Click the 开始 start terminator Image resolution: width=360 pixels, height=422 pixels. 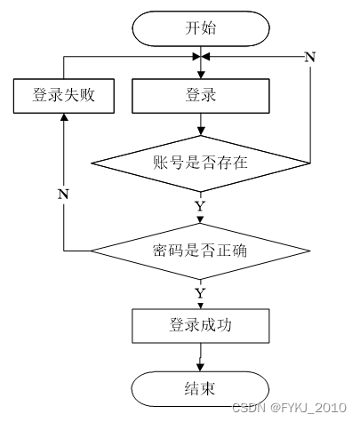click(201, 28)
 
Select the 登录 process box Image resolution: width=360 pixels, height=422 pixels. click(201, 96)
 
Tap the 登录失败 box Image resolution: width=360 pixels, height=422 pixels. click(64, 96)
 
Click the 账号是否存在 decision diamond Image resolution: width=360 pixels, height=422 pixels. click(201, 163)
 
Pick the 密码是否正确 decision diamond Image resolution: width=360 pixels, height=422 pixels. click(201, 251)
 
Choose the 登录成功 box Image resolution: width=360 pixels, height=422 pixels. click(201, 326)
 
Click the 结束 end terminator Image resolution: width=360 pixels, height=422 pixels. click(201, 389)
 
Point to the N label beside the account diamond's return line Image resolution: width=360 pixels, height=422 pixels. click(310, 57)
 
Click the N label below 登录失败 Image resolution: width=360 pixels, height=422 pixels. click(63, 194)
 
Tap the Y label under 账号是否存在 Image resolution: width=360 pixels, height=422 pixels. click(200, 206)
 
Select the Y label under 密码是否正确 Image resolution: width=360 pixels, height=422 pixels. click(200, 293)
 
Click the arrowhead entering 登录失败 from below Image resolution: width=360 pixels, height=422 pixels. click(64, 117)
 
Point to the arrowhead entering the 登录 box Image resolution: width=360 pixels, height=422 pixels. click(201, 75)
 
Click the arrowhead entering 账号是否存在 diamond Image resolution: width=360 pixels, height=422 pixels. click(201, 131)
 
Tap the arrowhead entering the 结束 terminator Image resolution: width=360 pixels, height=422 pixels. click(201, 368)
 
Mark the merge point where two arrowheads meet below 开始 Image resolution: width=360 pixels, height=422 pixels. click(201, 56)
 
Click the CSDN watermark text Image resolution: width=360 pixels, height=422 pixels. click(248, 408)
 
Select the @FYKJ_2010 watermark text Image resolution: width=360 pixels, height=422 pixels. click(308, 408)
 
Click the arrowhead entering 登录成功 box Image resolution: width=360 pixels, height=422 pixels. click(201, 306)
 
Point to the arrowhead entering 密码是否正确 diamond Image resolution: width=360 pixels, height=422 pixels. click(201, 219)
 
